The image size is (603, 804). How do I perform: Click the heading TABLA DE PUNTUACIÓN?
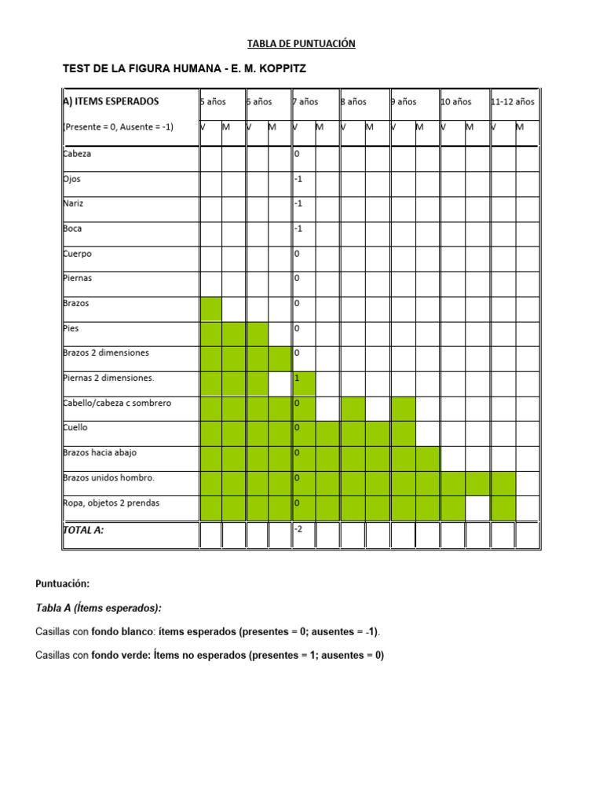[301, 44]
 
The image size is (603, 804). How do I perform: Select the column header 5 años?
[214, 101]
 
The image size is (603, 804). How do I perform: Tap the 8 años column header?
[354, 101]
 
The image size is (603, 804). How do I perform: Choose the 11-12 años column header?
[513, 101]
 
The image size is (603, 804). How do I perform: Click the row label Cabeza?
[77, 154]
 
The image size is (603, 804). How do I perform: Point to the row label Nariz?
[73, 203]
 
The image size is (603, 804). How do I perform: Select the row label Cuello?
[75, 428]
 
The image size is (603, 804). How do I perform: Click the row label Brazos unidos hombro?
[108, 477]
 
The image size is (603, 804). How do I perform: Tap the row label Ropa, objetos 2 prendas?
[116, 502]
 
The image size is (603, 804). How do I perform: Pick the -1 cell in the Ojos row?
[298, 179]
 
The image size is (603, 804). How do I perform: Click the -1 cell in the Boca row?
[298, 228]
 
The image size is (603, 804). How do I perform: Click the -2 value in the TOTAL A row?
[298, 529]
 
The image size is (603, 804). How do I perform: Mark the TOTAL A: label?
[83, 530]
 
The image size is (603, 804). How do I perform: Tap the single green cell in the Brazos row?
[211, 309]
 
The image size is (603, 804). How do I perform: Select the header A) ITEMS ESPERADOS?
[111, 101]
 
